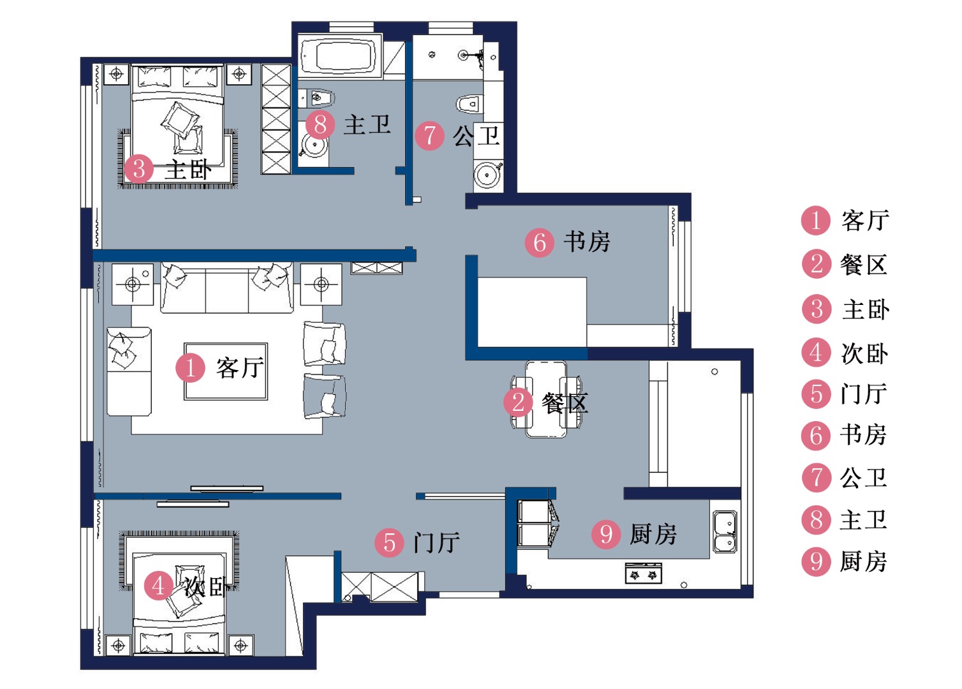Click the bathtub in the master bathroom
coord(340,56)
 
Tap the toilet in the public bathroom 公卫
coord(470,104)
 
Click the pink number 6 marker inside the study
coord(540,242)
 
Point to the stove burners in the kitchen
coord(643,574)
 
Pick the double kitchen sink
coord(725,531)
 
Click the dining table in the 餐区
coord(546,399)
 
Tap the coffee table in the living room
coord(226,371)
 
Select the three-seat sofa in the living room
coord(226,288)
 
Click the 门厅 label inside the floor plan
coord(437,542)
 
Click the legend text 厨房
coord(863,561)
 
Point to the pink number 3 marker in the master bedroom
coord(138,168)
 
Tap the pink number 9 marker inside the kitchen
coord(606,534)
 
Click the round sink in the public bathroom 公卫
coord(487,175)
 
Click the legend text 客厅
coord(865,221)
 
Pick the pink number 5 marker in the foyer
coord(389,542)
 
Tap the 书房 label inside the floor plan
coord(587,242)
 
